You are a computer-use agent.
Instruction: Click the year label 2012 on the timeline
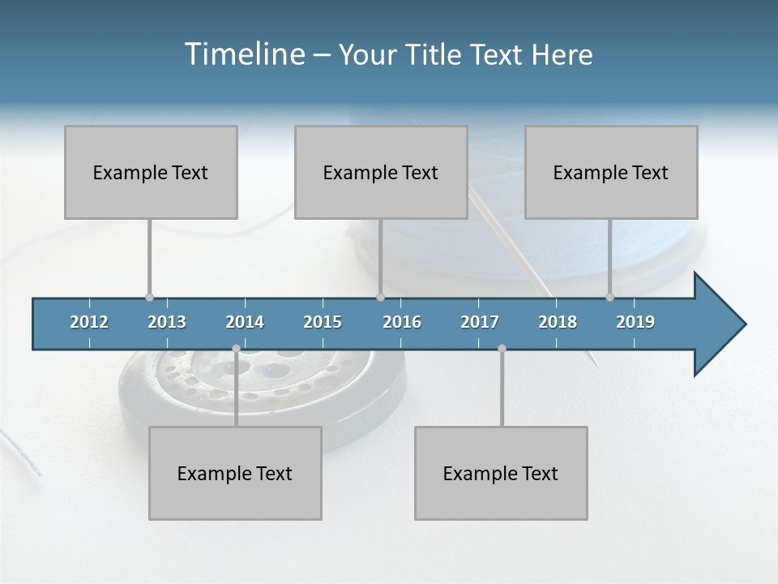(x=89, y=322)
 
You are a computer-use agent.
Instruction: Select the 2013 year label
(x=167, y=322)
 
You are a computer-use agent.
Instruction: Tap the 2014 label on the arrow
(x=245, y=322)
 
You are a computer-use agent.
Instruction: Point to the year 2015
(x=323, y=322)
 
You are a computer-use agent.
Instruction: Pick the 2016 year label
(x=402, y=322)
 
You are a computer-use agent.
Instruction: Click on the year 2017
(x=480, y=322)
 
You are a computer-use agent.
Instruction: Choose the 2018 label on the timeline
(x=558, y=322)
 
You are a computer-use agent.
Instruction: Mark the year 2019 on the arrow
(x=635, y=322)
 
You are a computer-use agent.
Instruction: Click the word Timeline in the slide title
(x=244, y=54)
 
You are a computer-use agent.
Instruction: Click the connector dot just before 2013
(x=149, y=298)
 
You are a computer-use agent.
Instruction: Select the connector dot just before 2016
(x=380, y=298)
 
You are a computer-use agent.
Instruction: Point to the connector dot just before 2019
(x=610, y=298)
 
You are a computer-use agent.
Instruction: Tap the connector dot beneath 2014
(x=236, y=349)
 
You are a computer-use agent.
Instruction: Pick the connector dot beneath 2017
(x=502, y=349)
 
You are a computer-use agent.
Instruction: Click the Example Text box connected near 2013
(x=151, y=173)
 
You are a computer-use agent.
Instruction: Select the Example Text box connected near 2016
(x=381, y=173)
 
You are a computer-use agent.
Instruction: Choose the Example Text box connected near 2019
(x=611, y=173)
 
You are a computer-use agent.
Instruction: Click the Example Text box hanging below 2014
(x=235, y=474)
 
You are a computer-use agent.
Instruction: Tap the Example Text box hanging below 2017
(x=501, y=474)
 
